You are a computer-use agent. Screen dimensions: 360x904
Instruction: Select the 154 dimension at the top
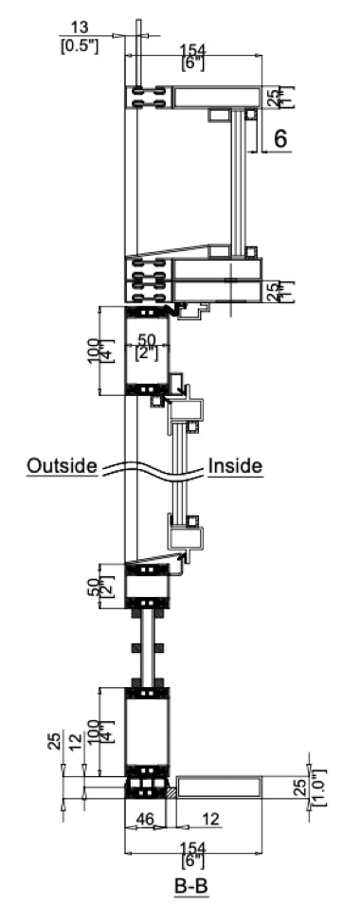pyautogui.click(x=193, y=48)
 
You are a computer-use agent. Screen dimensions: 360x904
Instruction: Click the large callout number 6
pyautogui.click(x=279, y=138)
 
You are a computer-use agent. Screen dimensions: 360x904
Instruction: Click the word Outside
pyautogui.click(x=63, y=465)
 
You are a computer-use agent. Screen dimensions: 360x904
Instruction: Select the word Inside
pyautogui.click(x=234, y=465)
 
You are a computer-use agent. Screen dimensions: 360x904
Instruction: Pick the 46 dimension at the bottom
pyautogui.click(x=145, y=818)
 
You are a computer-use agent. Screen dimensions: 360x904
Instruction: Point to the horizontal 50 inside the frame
pyautogui.click(x=149, y=338)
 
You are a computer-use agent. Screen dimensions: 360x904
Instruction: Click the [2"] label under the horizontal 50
pyautogui.click(x=149, y=352)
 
